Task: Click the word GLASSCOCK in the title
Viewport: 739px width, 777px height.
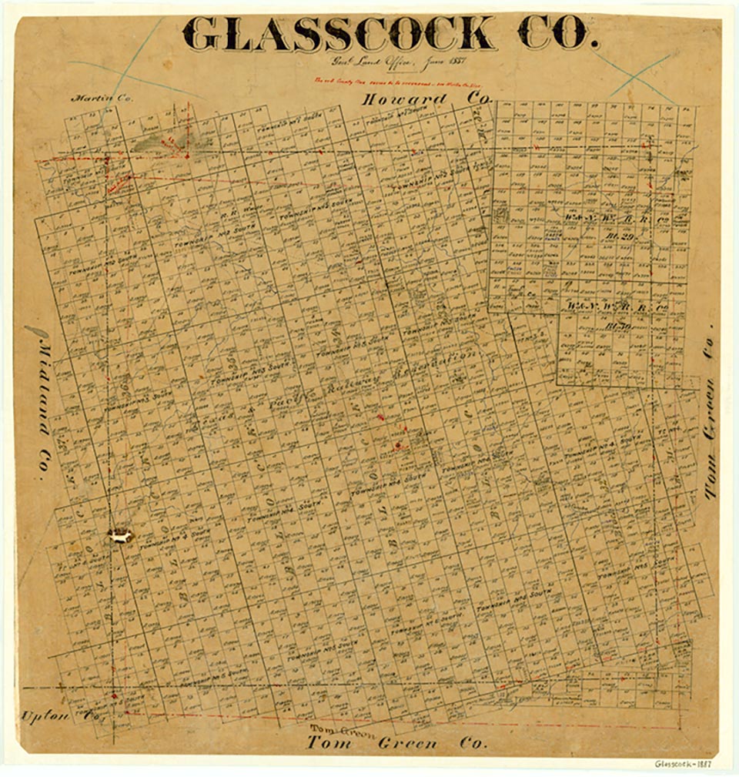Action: click(339, 33)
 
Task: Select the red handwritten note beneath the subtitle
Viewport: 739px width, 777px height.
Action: click(378, 80)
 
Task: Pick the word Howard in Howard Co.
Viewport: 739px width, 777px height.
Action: click(404, 99)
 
